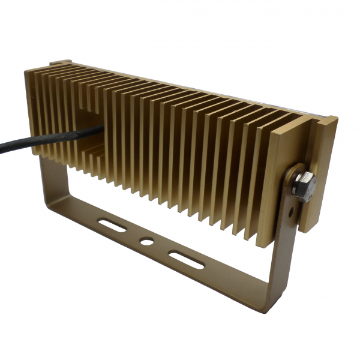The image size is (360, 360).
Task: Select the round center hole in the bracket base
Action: (x=145, y=242)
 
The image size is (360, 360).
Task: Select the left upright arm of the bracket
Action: (x=48, y=174)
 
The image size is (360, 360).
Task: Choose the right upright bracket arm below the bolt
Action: (x=280, y=252)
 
